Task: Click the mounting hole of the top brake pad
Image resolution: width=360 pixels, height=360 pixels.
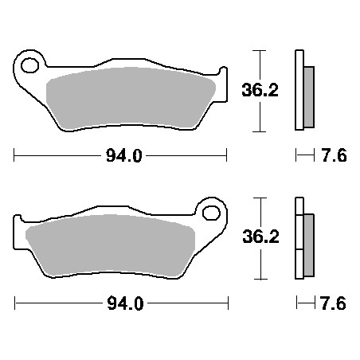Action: tap(29, 65)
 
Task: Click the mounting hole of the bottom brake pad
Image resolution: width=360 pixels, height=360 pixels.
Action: tap(211, 213)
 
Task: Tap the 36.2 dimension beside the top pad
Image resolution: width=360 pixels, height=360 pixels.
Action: tap(260, 90)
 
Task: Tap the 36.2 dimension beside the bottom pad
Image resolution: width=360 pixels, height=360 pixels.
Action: tap(260, 237)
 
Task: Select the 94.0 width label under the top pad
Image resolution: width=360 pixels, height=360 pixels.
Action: tap(124, 155)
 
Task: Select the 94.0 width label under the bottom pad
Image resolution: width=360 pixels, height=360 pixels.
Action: tap(125, 303)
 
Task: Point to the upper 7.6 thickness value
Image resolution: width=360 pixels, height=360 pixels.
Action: tap(335, 155)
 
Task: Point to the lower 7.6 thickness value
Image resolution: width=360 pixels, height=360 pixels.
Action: tap(334, 303)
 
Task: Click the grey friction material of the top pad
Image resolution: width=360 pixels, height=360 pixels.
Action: tap(131, 98)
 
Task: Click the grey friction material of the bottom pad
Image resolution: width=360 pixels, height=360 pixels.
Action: tap(110, 245)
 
